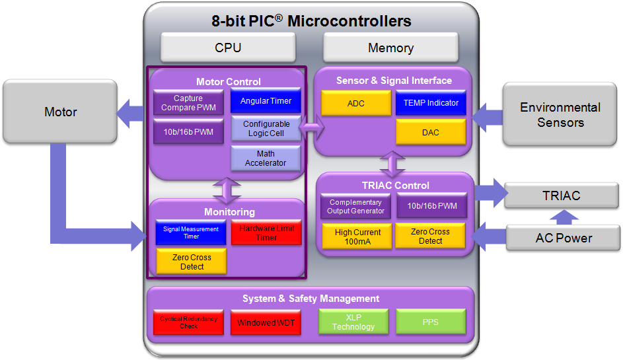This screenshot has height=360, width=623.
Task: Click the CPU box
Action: point(228,48)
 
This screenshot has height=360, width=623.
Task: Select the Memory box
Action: point(390,48)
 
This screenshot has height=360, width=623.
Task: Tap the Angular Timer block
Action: point(266,101)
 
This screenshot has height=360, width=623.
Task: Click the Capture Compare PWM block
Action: point(188,103)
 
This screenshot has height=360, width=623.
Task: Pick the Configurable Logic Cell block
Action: point(266,128)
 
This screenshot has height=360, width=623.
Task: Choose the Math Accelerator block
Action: point(266,159)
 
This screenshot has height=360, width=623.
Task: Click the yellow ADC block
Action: point(355,103)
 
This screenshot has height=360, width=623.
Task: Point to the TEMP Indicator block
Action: point(431,103)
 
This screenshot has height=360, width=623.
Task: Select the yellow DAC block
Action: point(431,132)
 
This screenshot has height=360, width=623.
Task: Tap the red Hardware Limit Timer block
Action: point(266,233)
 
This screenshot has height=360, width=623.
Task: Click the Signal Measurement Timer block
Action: point(191,233)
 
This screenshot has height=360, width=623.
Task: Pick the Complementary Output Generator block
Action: point(355,207)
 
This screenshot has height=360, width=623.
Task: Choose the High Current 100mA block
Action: point(357,236)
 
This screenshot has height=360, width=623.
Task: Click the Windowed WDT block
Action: point(266,322)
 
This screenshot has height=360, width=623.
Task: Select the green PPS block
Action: point(431,322)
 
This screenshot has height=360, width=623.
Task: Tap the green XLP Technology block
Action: point(353,322)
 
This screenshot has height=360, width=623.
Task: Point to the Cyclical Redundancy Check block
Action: point(189,322)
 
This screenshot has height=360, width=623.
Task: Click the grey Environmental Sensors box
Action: point(560,114)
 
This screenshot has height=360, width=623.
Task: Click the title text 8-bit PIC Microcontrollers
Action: point(311,21)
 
